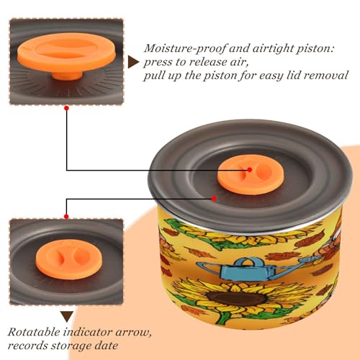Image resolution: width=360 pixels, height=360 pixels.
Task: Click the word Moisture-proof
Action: click(x=185, y=48)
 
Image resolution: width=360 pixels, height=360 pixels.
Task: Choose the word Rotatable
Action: click(x=34, y=332)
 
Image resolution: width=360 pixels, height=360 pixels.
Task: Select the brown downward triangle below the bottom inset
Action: click(x=67, y=317)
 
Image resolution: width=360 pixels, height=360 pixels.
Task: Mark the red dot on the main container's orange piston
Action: click(x=250, y=170)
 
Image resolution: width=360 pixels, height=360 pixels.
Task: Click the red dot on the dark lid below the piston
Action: click(x=214, y=199)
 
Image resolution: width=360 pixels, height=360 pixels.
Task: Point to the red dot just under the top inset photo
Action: click(x=67, y=108)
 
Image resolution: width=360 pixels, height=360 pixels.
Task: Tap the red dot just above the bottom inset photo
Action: click(x=66, y=217)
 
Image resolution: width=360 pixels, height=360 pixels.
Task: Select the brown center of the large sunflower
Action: click(x=237, y=298)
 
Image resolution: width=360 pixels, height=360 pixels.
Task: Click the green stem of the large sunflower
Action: click(x=224, y=317)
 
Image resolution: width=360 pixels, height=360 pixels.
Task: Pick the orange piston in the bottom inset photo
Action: click(x=69, y=260)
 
